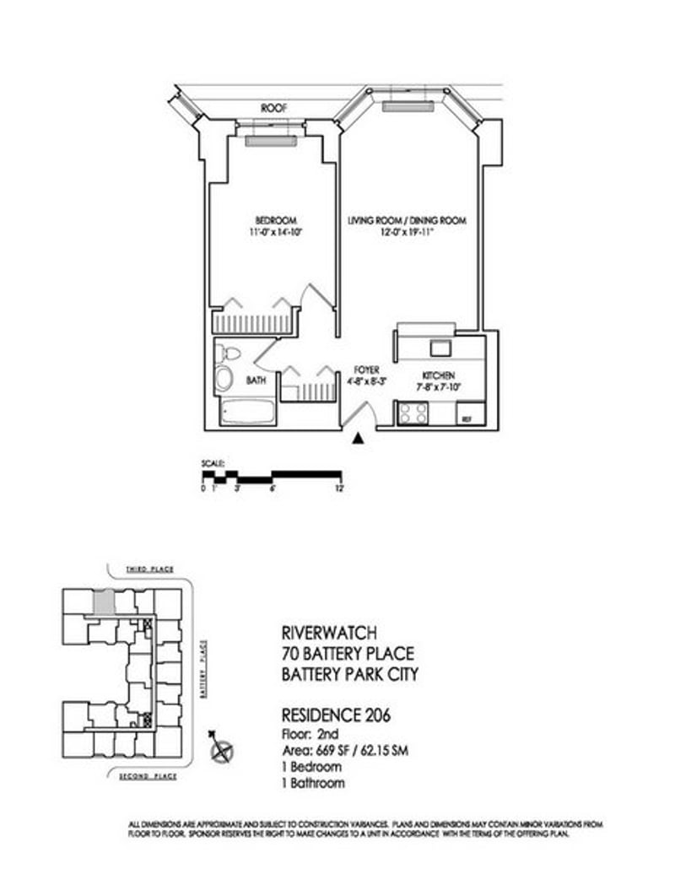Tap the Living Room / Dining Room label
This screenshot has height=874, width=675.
[408, 220]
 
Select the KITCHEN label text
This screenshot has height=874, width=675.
[440, 375]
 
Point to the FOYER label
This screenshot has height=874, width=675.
[367, 370]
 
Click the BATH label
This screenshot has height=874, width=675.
[256, 381]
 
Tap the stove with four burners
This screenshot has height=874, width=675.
[413, 413]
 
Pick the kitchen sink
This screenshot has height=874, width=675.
[440, 346]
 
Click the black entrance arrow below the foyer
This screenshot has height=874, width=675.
[359, 438]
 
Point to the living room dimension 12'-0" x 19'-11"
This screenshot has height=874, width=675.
[408, 234]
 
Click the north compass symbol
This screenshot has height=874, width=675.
[224, 748]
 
